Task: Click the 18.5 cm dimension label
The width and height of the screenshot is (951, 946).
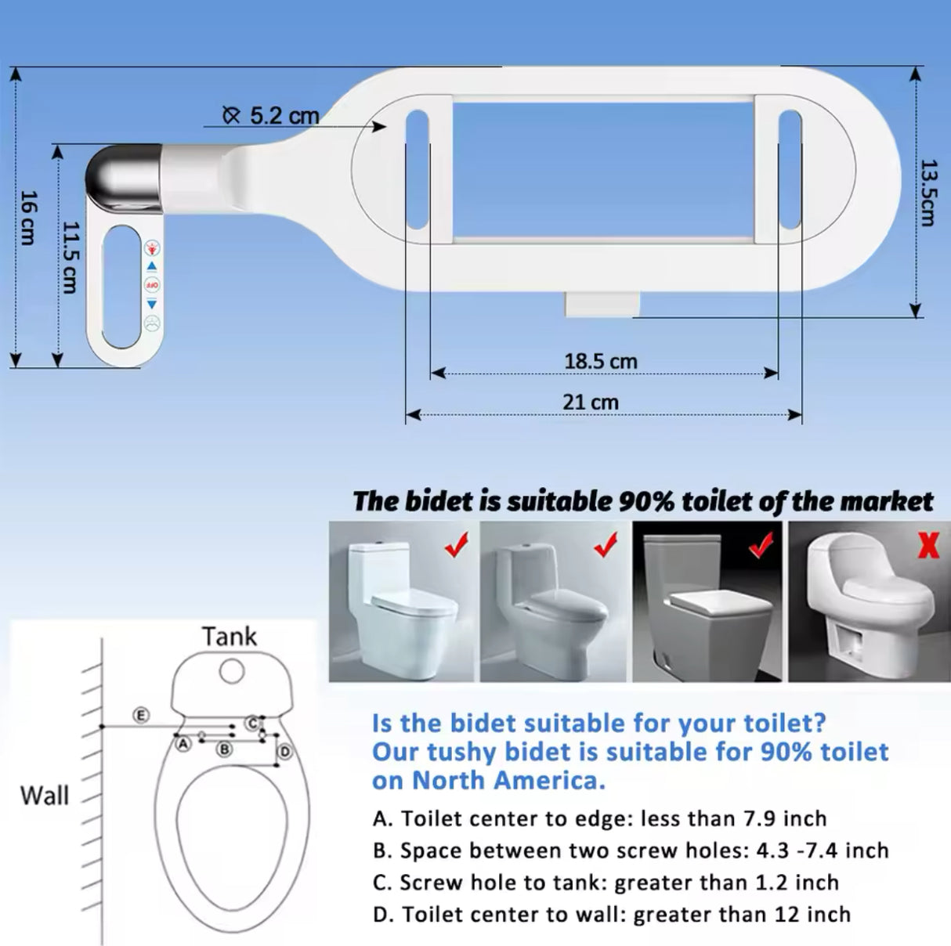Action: [x=600, y=361]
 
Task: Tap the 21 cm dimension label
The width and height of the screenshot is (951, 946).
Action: [x=590, y=402]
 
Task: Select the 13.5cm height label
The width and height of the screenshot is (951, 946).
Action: [x=927, y=193]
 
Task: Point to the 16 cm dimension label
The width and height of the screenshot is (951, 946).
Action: [x=27, y=217]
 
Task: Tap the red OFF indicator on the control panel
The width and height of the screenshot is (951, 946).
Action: [x=152, y=285]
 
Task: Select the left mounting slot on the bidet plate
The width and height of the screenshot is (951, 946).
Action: [x=417, y=172]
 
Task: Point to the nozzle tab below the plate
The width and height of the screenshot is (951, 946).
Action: [x=599, y=303]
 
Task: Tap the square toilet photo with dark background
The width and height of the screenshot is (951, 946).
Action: [x=707, y=601]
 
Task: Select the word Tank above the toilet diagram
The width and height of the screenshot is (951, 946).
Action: [x=229, y=636]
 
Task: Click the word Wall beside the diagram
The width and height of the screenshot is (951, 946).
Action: [x=45, y=795]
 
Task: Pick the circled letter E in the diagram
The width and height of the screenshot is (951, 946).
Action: [x=140, y=714]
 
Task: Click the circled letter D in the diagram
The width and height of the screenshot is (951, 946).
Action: [x=285, y=752]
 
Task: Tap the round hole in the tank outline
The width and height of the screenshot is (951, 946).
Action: [x=231, y=670]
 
